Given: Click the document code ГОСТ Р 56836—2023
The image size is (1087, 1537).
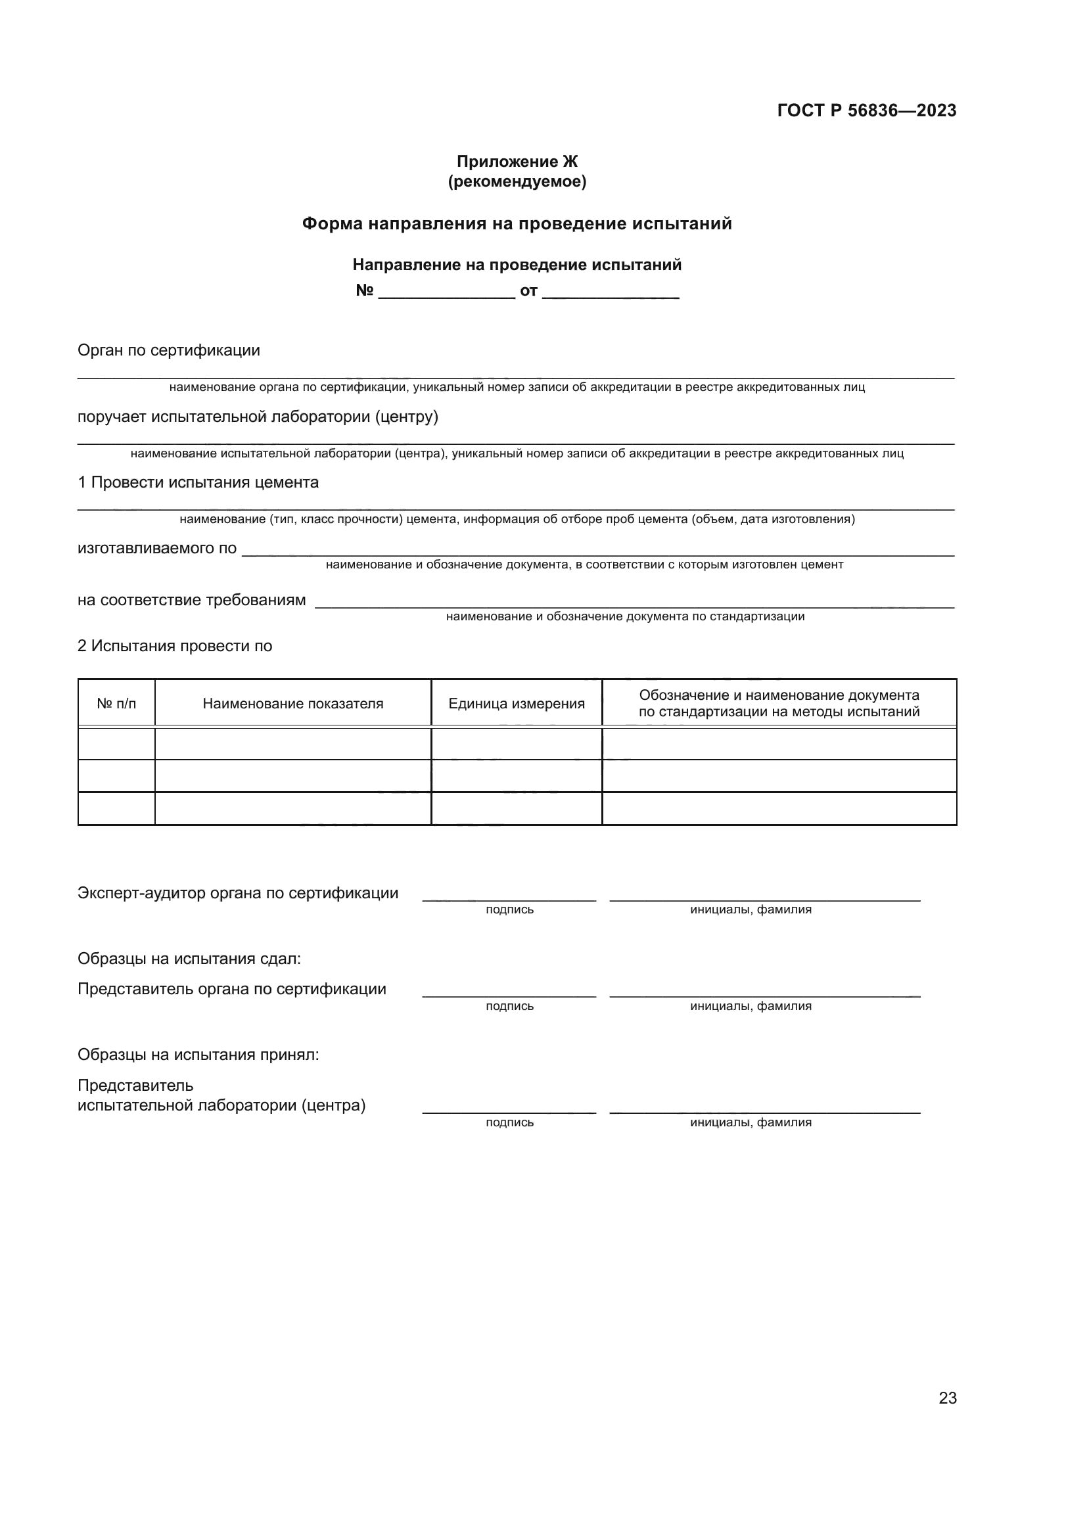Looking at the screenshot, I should coord(866,110).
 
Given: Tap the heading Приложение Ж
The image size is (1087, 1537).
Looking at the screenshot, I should coord(517,162).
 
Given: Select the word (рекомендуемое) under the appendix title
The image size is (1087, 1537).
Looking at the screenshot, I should coord(517,181).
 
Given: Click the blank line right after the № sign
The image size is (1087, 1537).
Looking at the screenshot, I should coord(446,293).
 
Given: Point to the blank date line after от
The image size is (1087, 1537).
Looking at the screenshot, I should coord(611,293).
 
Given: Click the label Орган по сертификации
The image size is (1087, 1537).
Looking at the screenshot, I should coord(169,350).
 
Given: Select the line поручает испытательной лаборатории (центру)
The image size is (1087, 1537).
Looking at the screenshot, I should coord(258,417).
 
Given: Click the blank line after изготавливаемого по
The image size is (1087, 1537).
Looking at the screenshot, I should coord(597,550).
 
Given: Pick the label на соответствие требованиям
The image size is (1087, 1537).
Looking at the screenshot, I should coord(191,600).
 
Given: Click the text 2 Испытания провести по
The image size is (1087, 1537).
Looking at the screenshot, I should coord(175,646).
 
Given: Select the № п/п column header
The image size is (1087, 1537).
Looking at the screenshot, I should coord(116,704).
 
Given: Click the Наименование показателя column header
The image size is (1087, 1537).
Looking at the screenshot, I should coord(292,704).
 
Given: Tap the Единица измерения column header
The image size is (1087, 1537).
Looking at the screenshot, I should coord(516,704).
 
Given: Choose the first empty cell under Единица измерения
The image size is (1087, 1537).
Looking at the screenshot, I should coord(516,744).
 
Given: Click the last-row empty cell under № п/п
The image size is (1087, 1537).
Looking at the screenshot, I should coord(116,809).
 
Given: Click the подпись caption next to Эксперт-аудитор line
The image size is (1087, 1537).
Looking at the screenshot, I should coord(509,909).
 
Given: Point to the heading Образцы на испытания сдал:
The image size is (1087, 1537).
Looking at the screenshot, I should coord(189,959).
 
